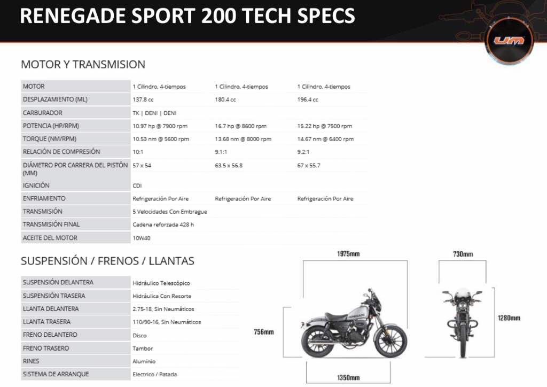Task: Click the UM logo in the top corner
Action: pos(509,41)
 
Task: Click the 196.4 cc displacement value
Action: pos(308,100)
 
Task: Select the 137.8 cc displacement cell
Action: pos(143,100)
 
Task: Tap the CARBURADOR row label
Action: pos(43,113)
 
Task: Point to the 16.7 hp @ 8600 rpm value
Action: pos(241,126)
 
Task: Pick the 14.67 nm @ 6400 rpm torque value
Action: pos(325,139)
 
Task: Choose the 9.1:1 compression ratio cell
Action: pos(221,152)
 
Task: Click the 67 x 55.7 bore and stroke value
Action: pos(309,165)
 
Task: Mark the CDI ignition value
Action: pos(137,185)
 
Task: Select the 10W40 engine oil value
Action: pos(142,238)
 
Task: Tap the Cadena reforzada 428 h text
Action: pos(163,225)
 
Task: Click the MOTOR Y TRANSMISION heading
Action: pos(83,65)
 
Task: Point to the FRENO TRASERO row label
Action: pos(46,348)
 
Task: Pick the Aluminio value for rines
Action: pos(144,361)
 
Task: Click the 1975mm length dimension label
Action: pos(348,254)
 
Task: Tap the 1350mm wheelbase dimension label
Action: pos(348,377)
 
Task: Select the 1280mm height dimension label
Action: pos(509,318)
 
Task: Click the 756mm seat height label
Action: pos(264,332)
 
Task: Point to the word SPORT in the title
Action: pos(163,16)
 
